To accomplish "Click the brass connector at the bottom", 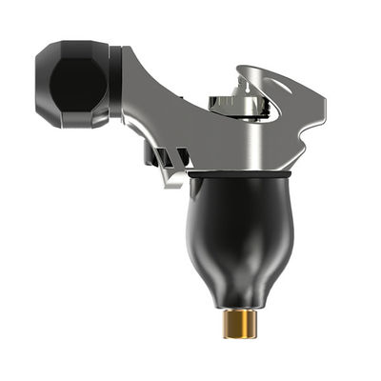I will [237, 325].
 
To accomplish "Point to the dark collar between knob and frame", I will [115, 84].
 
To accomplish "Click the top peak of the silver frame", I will [250, 68].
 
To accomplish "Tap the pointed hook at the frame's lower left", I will [173, 181].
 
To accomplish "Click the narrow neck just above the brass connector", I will [237, 307].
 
